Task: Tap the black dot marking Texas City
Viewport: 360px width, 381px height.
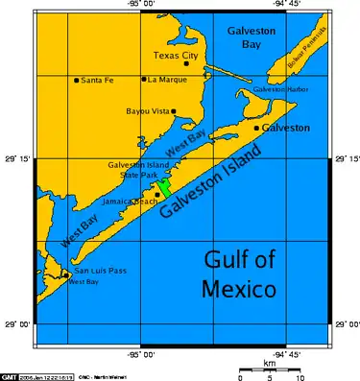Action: [x=186, y=63]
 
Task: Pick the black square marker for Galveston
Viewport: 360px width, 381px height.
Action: [x=256, y=128]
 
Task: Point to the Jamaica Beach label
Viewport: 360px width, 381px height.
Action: [x=130, y=202]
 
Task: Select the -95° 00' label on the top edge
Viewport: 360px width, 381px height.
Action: [x=141, y=6]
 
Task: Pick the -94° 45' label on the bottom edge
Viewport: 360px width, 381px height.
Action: [x=285, y=353]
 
